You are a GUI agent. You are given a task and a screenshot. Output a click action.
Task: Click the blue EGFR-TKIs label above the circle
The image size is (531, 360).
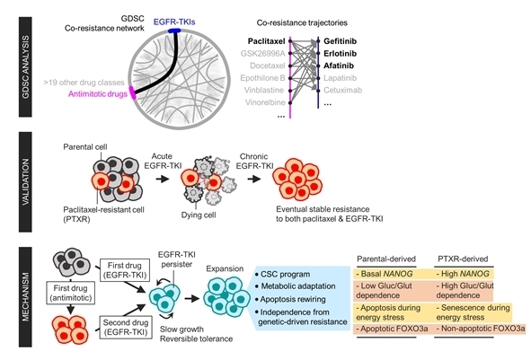click(x=174, y=22)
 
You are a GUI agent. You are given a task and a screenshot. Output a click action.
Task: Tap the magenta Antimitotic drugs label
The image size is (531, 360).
click(x=98, y=93)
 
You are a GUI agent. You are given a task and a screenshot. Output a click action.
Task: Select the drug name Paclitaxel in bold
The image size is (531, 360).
click(x=267, y=41)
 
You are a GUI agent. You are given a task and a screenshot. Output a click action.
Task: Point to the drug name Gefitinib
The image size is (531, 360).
click(x=340, y=41)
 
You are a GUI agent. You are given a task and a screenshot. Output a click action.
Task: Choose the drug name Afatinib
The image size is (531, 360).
click(x=339, y=66)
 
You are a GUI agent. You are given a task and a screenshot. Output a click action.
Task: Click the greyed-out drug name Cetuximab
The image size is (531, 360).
click(x=342, y=90)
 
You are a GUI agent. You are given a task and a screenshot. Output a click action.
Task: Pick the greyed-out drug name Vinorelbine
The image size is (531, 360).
click(x=264, y=102)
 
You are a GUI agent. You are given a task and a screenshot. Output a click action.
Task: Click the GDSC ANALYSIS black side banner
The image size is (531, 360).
click(x=25, y=67)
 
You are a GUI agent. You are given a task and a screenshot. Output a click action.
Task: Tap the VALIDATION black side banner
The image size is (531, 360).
click(x=25, y=182)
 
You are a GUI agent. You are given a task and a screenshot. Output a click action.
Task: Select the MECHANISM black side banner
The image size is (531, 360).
click(x=25, y=297)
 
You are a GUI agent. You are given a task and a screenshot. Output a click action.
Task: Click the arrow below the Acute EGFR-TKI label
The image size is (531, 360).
click(x=163, y=179)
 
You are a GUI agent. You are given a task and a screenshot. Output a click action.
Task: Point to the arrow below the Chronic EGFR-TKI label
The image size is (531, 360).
click(x=254, y=179)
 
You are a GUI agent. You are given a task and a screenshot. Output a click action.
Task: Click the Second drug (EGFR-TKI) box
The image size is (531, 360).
click(x=125, y=327)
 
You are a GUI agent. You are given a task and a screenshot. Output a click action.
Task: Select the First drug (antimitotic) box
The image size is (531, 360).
click(x=70, y=293)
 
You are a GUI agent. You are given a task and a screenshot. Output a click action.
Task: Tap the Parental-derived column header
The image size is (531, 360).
click(x=386, y=259)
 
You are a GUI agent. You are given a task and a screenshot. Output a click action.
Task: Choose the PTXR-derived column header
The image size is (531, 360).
click(x=463, y=259)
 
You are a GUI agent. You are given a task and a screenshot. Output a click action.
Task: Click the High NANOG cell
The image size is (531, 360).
click(x=464, y=274)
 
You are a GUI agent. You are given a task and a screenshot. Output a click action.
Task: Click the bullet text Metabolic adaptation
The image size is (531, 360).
click(x=298, y=286)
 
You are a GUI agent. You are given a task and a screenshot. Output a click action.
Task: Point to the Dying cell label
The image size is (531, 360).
click(x=199, y=215)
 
